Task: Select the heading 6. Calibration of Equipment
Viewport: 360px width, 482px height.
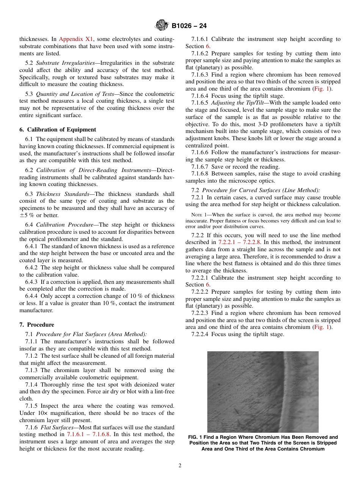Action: pos(58,130)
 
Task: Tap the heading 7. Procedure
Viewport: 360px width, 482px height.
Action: pos(37,325)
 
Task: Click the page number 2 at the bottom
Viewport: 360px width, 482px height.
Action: pos(180,466)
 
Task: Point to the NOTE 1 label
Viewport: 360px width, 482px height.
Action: pos(199,215)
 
